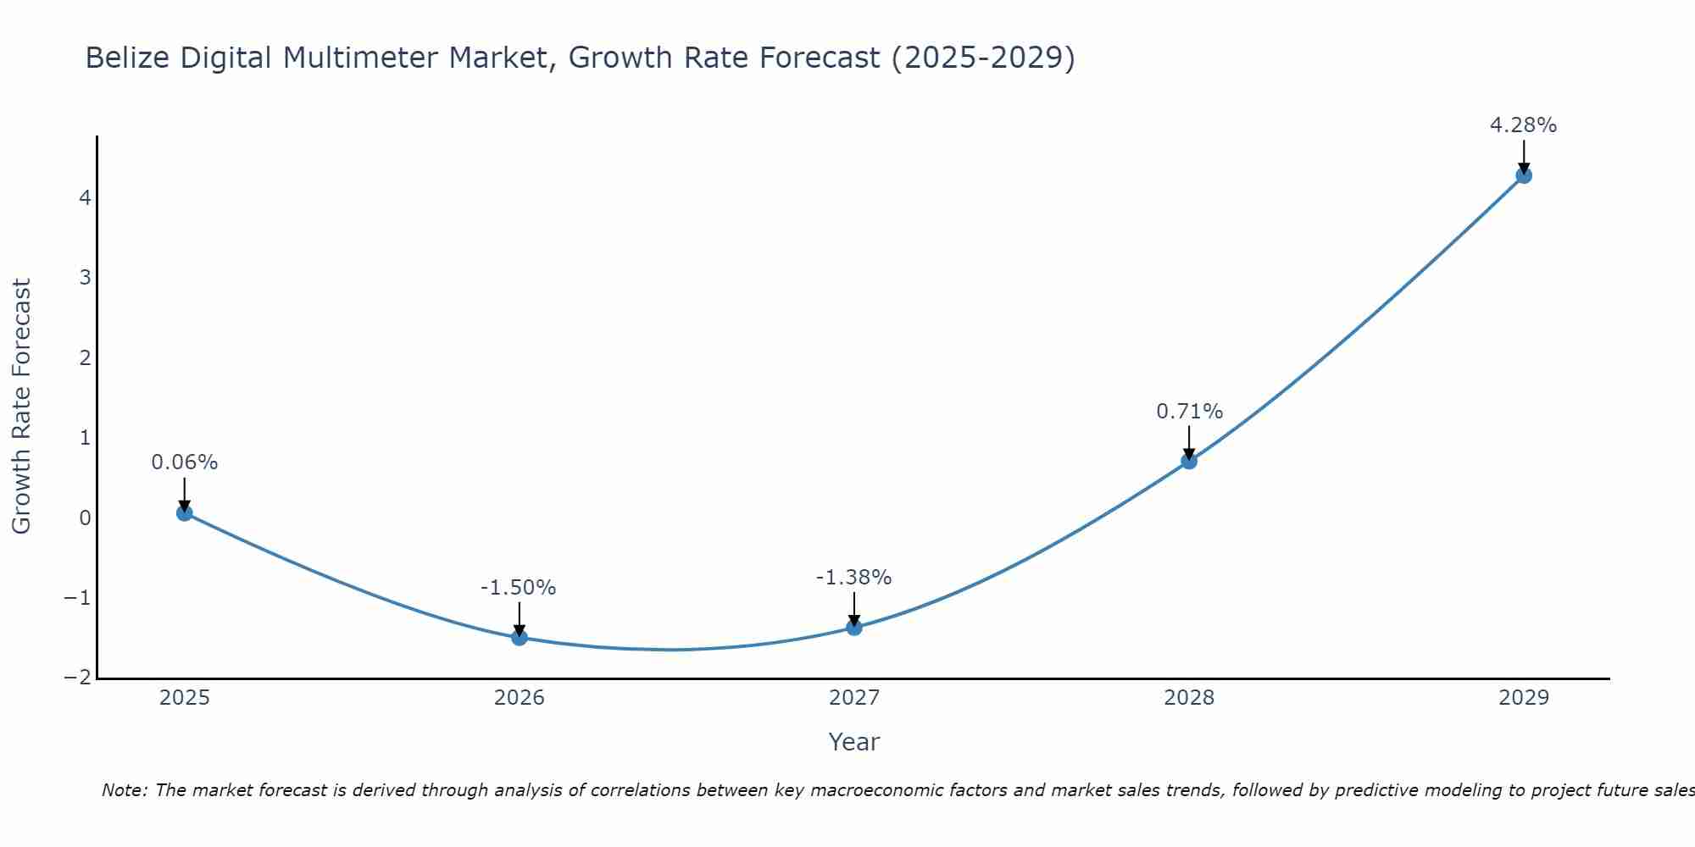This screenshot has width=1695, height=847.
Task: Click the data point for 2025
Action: click(185, 512)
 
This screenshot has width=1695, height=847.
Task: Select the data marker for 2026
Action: click(520, 638)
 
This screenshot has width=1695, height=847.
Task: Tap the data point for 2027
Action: click(854, 628)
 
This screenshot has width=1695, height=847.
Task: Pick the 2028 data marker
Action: click(1189, 461)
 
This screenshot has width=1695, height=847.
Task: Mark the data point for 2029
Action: click(1524, 175)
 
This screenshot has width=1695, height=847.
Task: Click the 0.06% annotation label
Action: click(185, 462)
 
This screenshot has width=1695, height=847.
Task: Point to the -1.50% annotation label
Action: click(518, 588)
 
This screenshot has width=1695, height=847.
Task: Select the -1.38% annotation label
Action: click(853, 578)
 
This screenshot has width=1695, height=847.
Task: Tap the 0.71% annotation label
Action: click(1189, 412)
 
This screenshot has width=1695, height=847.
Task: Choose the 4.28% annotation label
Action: click(1523, 125)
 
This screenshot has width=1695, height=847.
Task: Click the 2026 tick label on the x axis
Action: click(520, 698)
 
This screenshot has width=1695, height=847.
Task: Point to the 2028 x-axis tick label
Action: click(1189, 698)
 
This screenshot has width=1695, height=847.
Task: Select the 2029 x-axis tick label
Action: click(1524, 698)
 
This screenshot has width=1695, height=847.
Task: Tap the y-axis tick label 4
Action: click(85, 197)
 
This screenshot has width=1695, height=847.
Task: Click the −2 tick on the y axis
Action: click(77, 678)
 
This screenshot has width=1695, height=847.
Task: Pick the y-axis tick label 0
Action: click(85, 518)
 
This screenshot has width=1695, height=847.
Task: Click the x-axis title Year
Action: click(853, 742)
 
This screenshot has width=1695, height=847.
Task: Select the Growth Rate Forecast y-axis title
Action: click(21, 406)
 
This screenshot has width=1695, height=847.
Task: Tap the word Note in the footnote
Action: click(125, 790)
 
